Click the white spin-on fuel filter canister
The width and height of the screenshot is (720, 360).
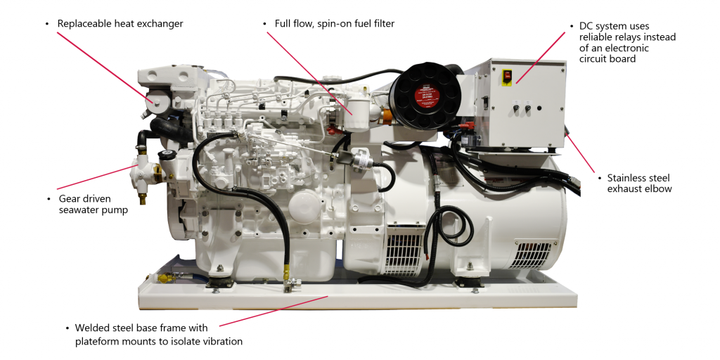(359, 112)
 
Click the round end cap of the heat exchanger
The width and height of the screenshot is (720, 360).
(155, 103)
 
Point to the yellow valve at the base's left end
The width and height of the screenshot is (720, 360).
(164, 279)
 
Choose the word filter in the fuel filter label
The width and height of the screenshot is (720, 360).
(380, 24)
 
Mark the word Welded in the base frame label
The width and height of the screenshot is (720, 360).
(94, 328)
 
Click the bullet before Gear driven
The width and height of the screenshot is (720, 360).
(49, 198)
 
